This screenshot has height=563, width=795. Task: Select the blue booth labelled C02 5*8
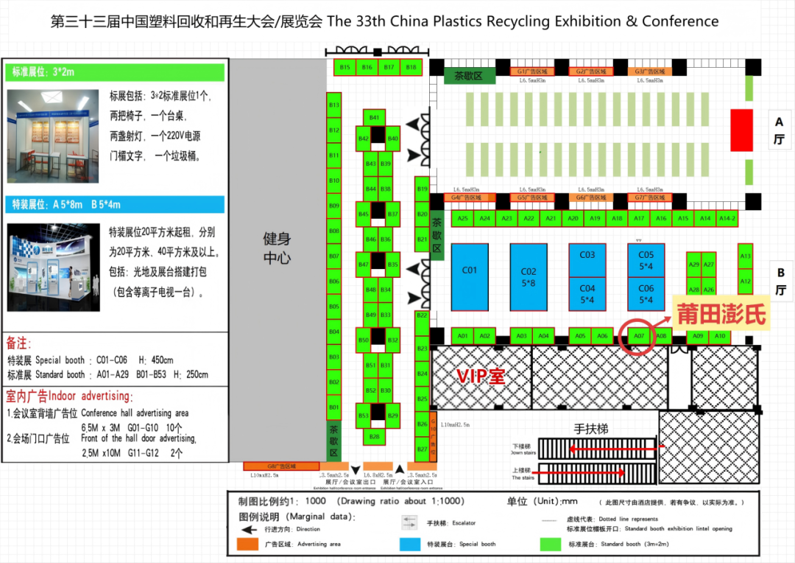click(529, 276)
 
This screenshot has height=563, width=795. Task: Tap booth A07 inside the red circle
click(639, 337)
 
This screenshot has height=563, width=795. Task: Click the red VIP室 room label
click(481, 376)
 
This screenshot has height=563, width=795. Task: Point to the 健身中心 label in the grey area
click(278, 248)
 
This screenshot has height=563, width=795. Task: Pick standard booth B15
click(344, 67)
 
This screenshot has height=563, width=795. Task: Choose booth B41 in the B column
click(374, 118)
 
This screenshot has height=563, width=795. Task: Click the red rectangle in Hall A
click(741, 130)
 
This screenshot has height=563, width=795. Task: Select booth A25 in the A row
click(462, 219)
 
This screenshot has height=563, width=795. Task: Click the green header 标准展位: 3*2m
click(116, 72)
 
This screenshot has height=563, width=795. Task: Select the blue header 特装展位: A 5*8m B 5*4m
click(116, 204)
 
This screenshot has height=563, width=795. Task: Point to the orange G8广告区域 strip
click(282, 466)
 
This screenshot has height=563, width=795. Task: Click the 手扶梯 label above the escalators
click(591, 428)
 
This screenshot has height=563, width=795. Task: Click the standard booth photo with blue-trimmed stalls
click(53, 137)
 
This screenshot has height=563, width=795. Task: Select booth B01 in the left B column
click(334, 408)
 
